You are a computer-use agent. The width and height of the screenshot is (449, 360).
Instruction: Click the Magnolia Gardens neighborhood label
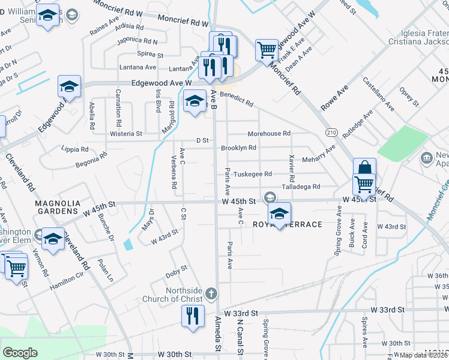(56, 207)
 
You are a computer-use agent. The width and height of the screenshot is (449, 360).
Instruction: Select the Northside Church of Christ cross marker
(210, 293)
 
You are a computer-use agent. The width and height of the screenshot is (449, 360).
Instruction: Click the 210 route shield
(331, 131)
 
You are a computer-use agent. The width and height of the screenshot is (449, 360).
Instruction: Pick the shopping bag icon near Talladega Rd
(364, 169)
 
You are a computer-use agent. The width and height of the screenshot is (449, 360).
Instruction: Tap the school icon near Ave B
(194, 101)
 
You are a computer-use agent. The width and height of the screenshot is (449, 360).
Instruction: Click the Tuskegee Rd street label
(253, 174)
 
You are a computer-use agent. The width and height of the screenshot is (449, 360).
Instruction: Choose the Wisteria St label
(126, 134)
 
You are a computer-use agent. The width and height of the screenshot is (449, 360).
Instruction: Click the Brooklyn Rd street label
(238, 148)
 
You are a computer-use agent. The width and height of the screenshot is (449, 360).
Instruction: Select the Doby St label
(176, 271)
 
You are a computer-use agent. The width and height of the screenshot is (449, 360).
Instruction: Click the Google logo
(20, 353)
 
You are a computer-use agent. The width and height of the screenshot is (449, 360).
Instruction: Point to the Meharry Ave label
(319, 158)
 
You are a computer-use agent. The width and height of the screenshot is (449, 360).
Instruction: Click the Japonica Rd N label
(137, 42)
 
